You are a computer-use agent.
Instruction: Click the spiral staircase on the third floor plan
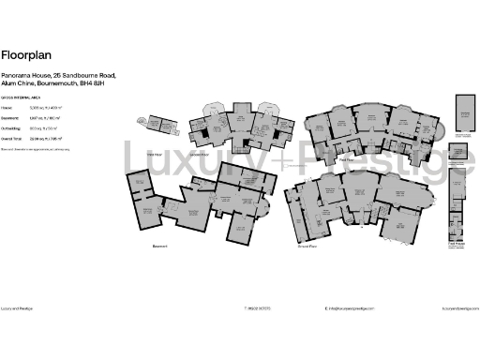click(143, 121)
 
